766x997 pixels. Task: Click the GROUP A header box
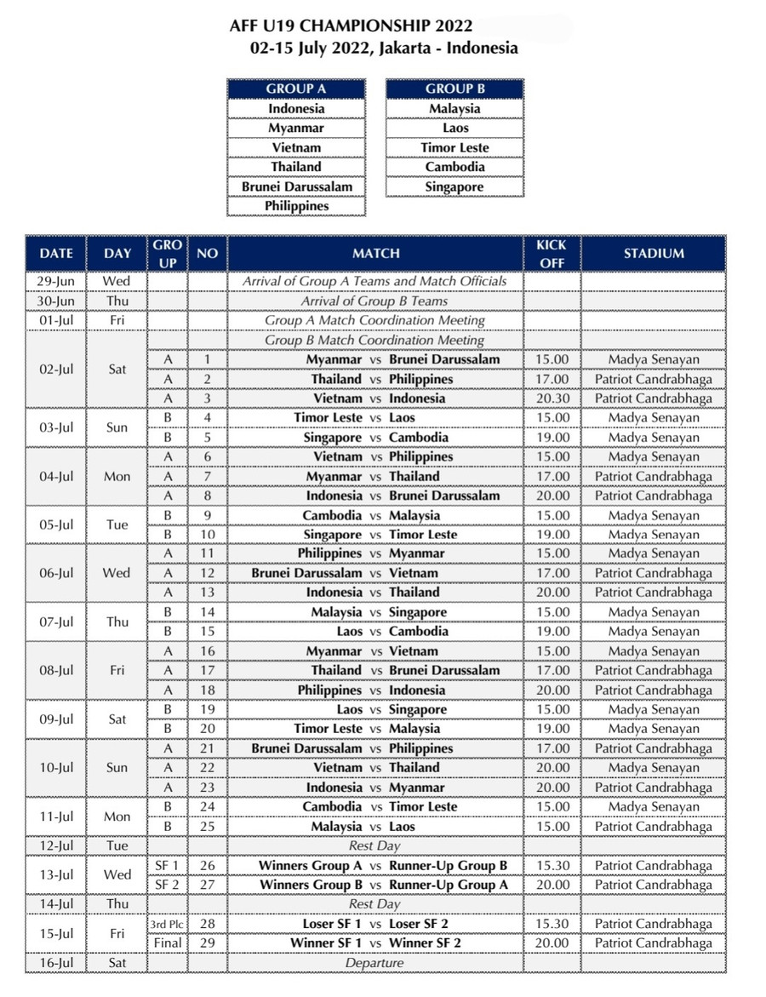tap(296, 89)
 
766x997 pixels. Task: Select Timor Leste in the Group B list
tap(454, 147)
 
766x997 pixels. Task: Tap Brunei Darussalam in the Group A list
tap(296, 186)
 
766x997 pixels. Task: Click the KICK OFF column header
tap(552, 253)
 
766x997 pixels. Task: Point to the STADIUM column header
tap(653, 253)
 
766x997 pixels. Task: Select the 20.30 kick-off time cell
tap(552, 398)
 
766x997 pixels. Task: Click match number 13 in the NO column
tap(207, 593)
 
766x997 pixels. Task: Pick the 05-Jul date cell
tap(56, 524)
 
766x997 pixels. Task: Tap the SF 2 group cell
tap(167, 885)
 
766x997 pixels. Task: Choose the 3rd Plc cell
tap(167, 924)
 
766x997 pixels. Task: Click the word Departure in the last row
tap(374, 963)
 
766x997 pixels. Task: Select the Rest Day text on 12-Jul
tap(374, 846)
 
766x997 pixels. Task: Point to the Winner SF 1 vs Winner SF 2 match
tap(374, 943)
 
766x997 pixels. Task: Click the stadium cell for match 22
tap(653, 768)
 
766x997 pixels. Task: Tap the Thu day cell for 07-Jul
tap(117, 622)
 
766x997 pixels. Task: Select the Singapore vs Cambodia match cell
tap(374, 438)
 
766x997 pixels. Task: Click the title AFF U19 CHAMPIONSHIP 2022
tap(351, 27)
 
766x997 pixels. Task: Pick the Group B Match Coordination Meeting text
tap(374, 341)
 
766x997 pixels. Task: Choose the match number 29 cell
tap(207, 943)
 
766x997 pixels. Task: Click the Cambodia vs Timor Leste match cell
tap(374, 807)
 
